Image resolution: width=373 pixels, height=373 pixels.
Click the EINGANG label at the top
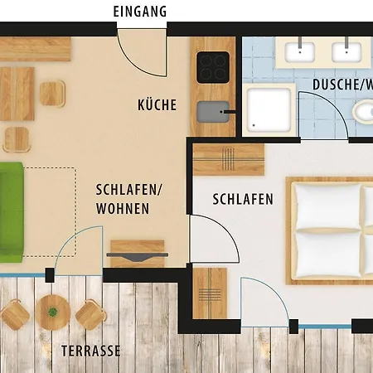pyautogui.click(x=140, y=12)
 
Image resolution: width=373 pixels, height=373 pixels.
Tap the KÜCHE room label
pyautogui.click(x=157, y=104)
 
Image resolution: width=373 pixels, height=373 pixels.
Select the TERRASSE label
pyautogui.click(x=91, y=351)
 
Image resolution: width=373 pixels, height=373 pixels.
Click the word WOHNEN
pyautogui.click(x=123, y=209)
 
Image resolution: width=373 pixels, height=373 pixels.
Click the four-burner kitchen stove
pyautogui.click(x=213, y=66)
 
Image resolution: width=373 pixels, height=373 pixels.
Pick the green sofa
pyautogui.click(x=9, y=209)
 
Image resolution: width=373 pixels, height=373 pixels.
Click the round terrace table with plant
pyautogui.click(x=52, y=312)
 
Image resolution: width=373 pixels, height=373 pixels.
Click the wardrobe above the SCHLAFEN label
pyautogui.click(x=230, y=159)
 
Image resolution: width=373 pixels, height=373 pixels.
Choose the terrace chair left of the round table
pyautogui.click(x=16, y=313)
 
